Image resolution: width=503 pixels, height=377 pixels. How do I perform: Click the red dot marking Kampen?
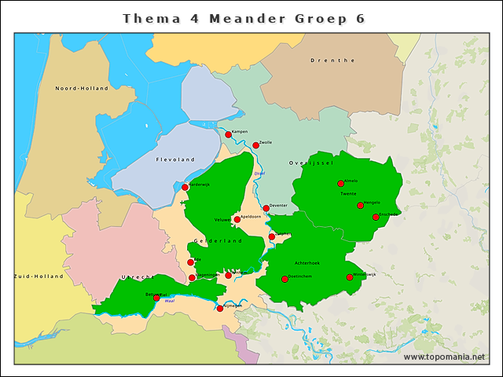[x=228, y=134]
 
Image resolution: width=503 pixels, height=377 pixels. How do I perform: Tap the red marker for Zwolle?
[x=255, y=145]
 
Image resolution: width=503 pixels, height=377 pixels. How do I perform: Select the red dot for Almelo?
[x=340, y=184]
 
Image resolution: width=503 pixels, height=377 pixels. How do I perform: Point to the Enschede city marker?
[x=376, y=217]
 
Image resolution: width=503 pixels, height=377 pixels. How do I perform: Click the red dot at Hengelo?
[x=360, y=206]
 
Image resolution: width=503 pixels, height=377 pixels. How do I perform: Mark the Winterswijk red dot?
[x=350, y=277]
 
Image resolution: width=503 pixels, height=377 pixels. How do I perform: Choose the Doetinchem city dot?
[x=285, y=279]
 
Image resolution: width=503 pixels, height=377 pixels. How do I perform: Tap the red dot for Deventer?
[x=266, y=208]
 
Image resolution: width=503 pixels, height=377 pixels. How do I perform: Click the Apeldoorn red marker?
[x=237, y=220]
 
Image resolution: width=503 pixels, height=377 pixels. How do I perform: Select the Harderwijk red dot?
[x=185, y=188]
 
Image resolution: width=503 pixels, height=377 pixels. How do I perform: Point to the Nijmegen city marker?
[x=219, y=308]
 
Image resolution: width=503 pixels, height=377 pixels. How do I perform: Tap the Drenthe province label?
[x=332, y=60]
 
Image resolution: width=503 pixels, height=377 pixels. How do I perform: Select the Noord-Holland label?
[x=81, y=89]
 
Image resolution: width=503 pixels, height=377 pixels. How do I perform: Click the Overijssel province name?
[x=312, y=162]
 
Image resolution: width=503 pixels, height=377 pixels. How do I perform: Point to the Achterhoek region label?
[x=307, y=264]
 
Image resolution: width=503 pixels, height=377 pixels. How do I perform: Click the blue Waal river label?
[x=170, y=300]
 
